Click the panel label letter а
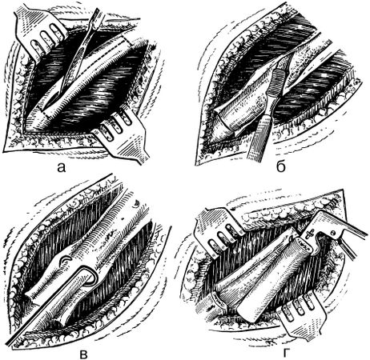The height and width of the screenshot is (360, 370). [x=62, y=167]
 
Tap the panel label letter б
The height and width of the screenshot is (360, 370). [x=281, y=166]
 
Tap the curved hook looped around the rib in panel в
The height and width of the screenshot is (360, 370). [x=89, y=278]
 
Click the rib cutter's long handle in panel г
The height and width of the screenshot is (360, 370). [x=350, y=230]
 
